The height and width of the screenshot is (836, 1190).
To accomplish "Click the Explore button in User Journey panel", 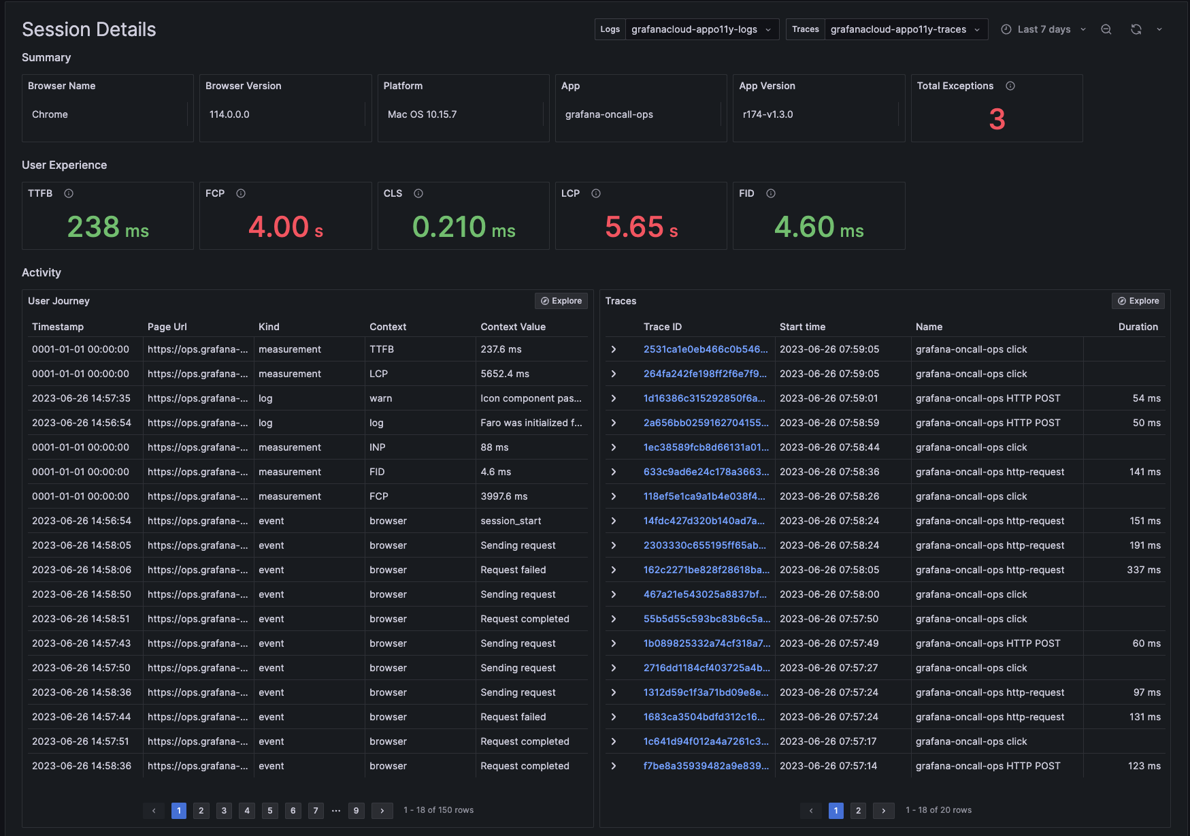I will pyautogui.click(x=561, y=301).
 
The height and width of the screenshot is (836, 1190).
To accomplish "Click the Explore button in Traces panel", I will pyautogui.click(x=1138, y=301).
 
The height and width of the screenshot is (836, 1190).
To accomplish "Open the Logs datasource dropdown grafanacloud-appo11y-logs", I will pyautogui.click(x=701, y=29).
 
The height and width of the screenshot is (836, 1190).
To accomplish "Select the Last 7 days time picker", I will pyautogui.click(x=1044, y=29).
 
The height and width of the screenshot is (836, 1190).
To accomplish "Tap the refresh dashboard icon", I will pyautogui.click(x=1136, y=29).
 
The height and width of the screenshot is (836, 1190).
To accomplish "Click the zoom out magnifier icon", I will pyautogui.click(x=1106, y=29).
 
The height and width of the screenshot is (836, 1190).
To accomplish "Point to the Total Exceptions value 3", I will pyautogui.click(x=997, y=120).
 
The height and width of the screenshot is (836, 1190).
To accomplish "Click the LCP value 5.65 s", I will pyautogui.click(x=641, y=227).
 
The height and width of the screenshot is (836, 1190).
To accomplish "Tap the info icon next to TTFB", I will pyautogui.click(x=69, y=193).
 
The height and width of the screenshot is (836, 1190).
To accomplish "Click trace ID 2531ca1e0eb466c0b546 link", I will pyautogui.click(x=706, y=349).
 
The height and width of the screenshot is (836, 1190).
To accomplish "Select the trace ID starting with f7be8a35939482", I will pyautogui.click(x=706, y=766).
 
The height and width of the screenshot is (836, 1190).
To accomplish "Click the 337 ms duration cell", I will pyautogui.click(x=1143, y=570).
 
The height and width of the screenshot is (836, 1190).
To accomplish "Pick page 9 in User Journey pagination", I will pyautogui.click(x=356, y=810).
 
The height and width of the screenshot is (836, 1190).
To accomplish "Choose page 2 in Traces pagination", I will pyautogui.click(x=858, y=810).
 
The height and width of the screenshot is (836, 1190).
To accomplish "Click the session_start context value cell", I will pyautogui.click(x=511, y=521).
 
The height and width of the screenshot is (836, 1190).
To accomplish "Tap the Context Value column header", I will pyautogui.click(x=513, y=327).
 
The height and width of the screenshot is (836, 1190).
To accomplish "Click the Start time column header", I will pyautogui.click(x=802, y=327).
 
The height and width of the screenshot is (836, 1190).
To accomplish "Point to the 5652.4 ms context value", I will pyautogui.click(x=505, y=374).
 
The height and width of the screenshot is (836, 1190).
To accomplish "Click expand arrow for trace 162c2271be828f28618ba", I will pyautogui.click(x=613, y=570).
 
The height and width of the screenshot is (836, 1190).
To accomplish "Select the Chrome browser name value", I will pyautogui.click(x=50, y=114).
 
